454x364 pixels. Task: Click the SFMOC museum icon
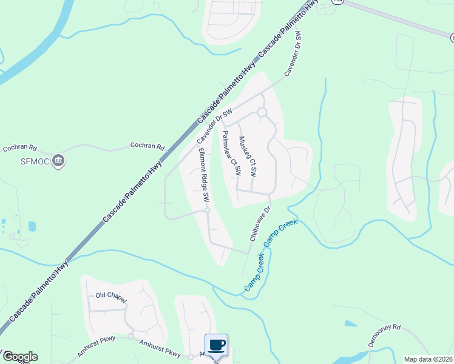pos(59,161)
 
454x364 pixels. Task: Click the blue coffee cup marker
pos(217,345)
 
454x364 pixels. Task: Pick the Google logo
pos(19,357)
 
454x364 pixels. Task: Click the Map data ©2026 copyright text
pos(429,359)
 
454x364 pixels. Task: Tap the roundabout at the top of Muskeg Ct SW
pos(262,112)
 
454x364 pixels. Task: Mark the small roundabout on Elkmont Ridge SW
pos(207,211)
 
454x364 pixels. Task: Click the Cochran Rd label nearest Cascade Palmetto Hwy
pos(147,146)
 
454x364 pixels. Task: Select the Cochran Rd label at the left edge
pos(20,147)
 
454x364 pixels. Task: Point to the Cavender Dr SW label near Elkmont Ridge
pos(214,127)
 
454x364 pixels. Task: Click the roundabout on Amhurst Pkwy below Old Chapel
pos(130,337)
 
